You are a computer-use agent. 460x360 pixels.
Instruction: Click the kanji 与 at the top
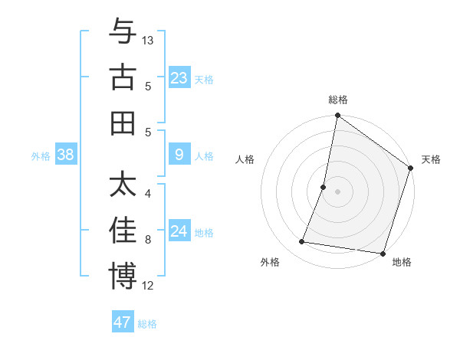(123, 31)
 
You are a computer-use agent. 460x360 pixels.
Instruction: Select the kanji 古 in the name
(123, 78)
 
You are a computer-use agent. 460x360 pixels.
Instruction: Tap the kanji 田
(123, 123)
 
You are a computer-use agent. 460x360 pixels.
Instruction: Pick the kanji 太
(123, 185)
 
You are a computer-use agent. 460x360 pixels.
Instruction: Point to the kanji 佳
(123, 231)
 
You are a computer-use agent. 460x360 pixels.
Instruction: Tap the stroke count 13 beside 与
(148, 40)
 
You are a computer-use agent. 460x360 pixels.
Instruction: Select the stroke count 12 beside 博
(148, 286)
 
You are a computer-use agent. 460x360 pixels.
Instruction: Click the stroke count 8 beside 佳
(148, 240)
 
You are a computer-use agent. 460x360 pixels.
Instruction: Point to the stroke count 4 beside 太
(148, 194)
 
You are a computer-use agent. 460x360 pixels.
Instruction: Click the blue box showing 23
(179, 77)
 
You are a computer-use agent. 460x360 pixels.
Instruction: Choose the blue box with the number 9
(179, 155)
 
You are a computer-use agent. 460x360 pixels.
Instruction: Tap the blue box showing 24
(179, 231)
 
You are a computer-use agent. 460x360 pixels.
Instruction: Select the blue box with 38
(65, 155)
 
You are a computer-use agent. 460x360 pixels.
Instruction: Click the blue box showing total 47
(123, 322)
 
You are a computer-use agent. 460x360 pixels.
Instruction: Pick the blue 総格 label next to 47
(147, 324)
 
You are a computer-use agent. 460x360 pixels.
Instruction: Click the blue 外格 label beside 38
(41, 156)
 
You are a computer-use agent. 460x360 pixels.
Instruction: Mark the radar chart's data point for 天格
(410, 169)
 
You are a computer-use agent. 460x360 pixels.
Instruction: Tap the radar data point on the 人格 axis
(324, 187)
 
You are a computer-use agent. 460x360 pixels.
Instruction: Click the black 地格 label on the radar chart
(402, 263)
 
